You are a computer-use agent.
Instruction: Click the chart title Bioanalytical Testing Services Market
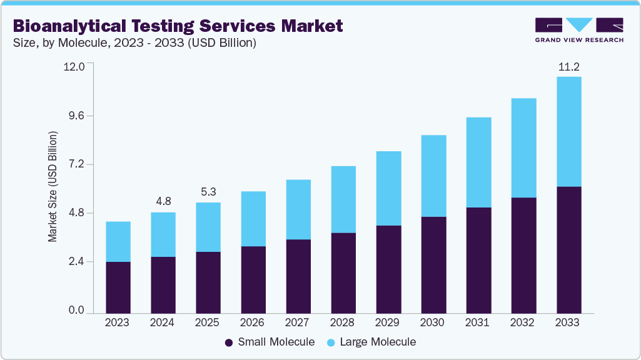coord(178,26)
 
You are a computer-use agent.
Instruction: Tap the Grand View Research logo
coord(578,29)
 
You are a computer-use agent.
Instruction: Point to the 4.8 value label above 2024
coord(163,201)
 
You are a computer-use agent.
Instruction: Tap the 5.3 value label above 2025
coord(208,192)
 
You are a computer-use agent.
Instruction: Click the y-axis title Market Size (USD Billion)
coord(53,187)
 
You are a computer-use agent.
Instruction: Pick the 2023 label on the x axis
coord(118,323)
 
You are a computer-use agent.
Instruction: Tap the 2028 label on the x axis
coord(343,323)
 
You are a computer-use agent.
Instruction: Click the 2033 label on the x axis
coord(568,323)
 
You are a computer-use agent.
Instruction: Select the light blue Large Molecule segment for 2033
coord(568,131)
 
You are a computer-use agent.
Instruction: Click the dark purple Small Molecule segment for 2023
coord(118,287)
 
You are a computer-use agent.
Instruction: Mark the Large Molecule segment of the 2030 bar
coord(433,176)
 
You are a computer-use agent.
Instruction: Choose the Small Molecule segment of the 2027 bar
coord(298,276)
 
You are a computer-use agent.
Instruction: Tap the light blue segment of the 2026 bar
coord(253,219)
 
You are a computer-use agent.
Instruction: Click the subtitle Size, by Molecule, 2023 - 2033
coord(134,43)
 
